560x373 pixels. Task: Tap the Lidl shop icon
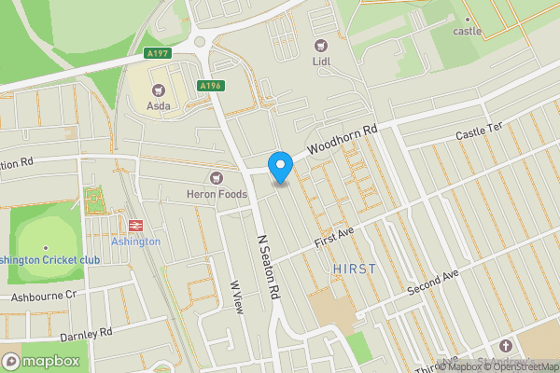(322, 45)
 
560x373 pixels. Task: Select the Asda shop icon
(158, 90)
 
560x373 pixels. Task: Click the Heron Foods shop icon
(217, 177)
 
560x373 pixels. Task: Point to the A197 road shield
(158, 54)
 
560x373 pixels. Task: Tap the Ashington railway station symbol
(135, 225)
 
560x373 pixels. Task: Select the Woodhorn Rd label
(343, 139)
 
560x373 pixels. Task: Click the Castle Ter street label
(478, 136)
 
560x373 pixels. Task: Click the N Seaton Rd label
(268, 265)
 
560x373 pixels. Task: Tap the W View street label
(237, 297)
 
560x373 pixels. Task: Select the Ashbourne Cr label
(43, 296)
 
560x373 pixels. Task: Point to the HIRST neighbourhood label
(354, 269)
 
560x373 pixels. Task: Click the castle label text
(468, 31)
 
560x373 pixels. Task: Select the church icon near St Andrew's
(506, 346)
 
